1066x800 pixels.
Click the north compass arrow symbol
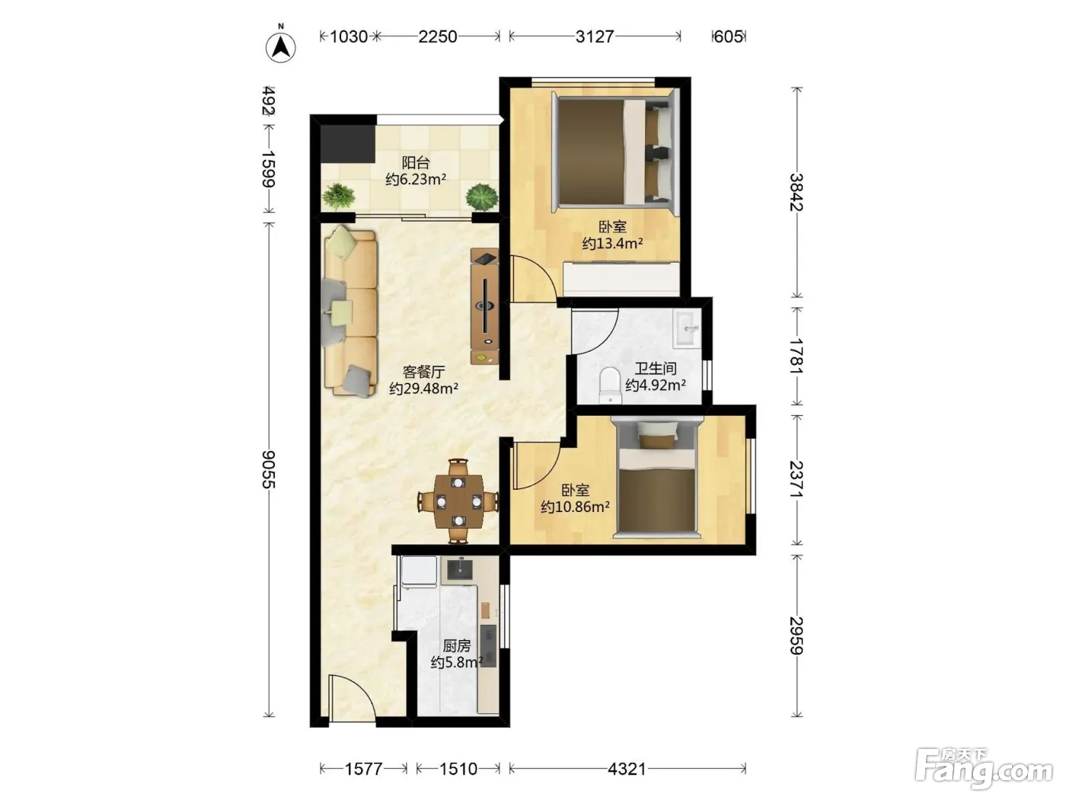pyautogui.click(x=281, y=47)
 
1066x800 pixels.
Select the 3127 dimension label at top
pyautogui.click(x=595, y=37)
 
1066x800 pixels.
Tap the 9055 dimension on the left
pyautogui.click(x=269, y=469)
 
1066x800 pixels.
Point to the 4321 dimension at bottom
pyautogui.click(x=627, y=769)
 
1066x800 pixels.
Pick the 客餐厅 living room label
pyautogui.click(x=423, y=372)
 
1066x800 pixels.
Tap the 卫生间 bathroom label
pyautogui.click(x=655, y=368)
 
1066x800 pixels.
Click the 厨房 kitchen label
pyautogui.click(x=457, y=645)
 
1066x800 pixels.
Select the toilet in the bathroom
pyautogui.click(x=610, y=386)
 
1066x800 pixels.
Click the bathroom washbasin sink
pyautogui.click(x=687, y=328)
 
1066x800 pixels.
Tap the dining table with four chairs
pyautogui.click(x=458, y=501)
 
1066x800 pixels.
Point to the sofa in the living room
pyautogui.click(x=349, y=311)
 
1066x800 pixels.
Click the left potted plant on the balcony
pyautogui.click(x=339, y=196)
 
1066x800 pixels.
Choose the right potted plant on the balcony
pyautogui.click(x=482, y=197)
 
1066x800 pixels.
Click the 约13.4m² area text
pyautogui.click(x=612, y=243)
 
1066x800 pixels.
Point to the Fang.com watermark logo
pyautogui.click(x=984, y=770)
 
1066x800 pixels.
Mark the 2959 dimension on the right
pyautogui.click(x=796, y=635)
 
